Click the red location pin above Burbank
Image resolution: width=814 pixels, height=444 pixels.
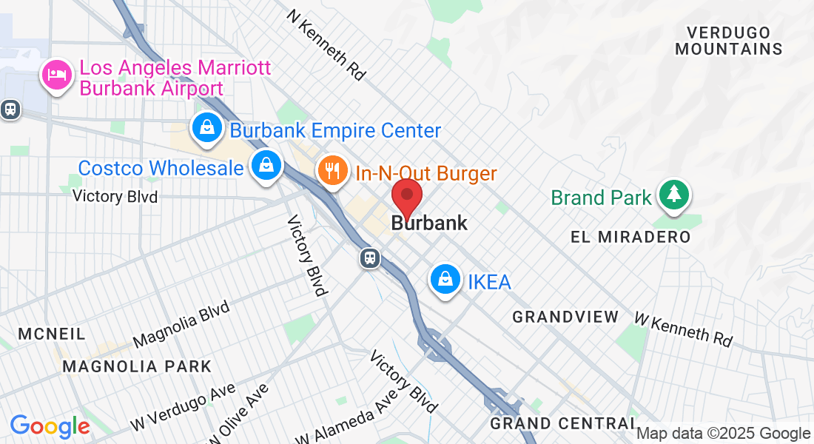(x=406, y=196)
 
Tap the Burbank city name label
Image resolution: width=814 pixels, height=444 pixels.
(x=429, y=223)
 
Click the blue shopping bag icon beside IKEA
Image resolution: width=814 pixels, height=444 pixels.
(x=445, y=279)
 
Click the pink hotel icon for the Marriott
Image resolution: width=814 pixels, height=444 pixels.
(x=58, y=75)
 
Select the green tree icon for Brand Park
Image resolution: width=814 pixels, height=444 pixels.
(x=673, y=194)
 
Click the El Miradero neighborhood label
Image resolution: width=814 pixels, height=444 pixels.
(x=630, y=237)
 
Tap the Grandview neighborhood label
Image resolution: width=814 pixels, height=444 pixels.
(x=565, y=317)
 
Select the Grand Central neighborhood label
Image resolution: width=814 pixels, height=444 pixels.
(x=562, y=423)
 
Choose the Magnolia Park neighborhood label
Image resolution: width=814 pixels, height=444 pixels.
(x=137, y=366)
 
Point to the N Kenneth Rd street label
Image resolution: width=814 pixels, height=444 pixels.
(x=327, y=44)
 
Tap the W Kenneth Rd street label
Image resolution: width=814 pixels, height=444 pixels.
(x=684, y=329)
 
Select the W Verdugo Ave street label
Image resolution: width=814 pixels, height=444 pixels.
(x=183, y=407)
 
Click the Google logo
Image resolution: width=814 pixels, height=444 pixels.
(x=50, y=426)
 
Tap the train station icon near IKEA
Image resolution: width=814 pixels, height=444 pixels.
(x=370, y=258)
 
